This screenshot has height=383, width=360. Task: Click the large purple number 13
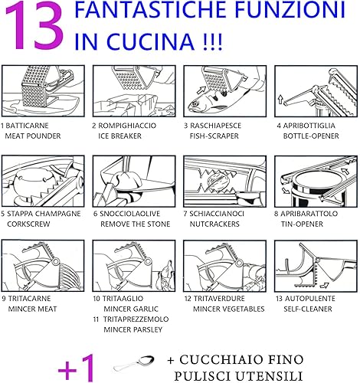coord(34,27)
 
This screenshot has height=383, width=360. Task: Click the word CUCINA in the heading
coord(150,41)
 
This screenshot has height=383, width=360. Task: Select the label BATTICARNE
coord(27,126)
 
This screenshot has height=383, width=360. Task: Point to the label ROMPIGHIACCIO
coord(127,126)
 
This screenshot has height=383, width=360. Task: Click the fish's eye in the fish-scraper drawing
coord(195,103)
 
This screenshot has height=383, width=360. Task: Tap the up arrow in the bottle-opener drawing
coord(280,99)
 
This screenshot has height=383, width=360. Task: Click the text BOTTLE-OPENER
coord(311,136)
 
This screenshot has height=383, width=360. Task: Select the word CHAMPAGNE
coord(58,214)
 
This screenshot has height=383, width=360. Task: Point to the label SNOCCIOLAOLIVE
coord(129,214)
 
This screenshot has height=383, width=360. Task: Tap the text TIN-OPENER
coord(302,224)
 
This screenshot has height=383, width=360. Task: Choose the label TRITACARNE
coord(30,299)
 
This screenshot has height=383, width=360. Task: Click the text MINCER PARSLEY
coord(133,329)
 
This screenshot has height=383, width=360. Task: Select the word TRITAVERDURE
coord(219,299)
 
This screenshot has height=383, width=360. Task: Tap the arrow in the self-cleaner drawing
coord(324,285)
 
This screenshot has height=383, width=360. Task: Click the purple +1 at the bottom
coord(77,368)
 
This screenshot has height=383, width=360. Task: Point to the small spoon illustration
coord(133,363)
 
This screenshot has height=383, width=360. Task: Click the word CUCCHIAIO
coord(218,360)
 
